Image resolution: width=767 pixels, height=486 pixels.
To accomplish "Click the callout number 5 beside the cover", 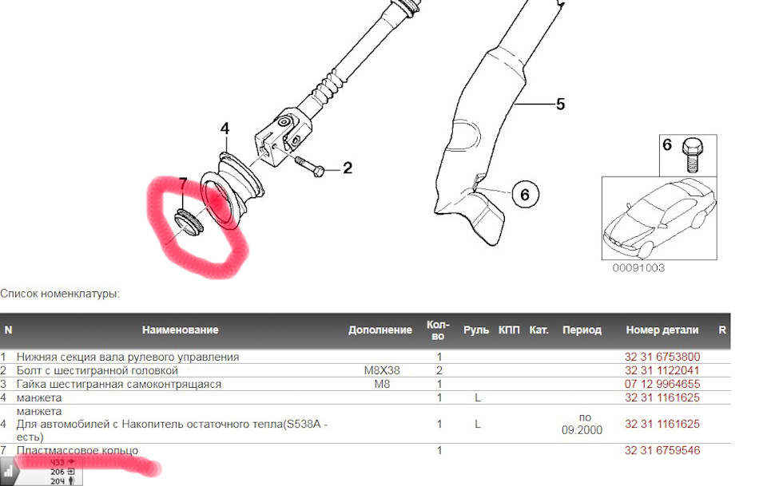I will (x=560, y=104).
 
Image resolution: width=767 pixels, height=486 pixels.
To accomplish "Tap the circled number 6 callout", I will (x=524, y=194).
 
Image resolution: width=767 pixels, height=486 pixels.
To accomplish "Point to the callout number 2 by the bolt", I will (x=347, y=168).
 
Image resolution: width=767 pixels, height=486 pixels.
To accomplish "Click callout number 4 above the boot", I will (x=225, y=128).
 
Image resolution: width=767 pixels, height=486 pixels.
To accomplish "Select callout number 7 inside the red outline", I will (x=182, y=185).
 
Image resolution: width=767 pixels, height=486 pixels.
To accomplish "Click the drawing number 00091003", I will (x=638, y=268).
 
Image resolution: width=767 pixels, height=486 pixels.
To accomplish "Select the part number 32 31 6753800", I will (x=662, y=357).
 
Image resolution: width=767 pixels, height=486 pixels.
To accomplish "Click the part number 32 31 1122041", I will (x=662, y=370).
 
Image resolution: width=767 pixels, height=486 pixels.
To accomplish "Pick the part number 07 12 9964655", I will (x=662, y=384).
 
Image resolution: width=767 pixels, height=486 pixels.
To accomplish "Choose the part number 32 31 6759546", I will (x=662, y=451).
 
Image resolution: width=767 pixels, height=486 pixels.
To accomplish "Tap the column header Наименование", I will (x=180, y=330).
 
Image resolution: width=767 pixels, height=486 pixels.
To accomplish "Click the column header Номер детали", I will (x=662, y=330).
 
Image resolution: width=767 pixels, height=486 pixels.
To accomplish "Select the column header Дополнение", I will (x=380, y=330).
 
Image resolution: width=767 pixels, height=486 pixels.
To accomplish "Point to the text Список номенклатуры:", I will (x=60, y=294).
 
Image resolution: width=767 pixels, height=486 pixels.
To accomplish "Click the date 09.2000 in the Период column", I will (x=582, y=430).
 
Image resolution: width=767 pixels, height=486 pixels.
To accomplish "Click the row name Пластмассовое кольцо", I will (x=77, y=451).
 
